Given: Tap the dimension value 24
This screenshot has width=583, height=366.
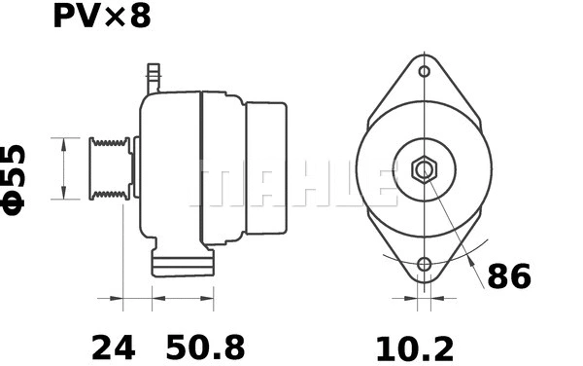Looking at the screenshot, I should (x=113, y=347).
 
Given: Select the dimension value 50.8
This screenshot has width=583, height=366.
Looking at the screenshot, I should (x=205, y=347).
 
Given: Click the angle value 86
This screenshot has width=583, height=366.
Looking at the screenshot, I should (x=509, y=276).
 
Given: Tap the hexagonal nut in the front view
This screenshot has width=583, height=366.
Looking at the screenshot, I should (x=424, y=170).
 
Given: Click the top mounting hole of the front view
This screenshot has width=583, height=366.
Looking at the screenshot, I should (x=424, y=70).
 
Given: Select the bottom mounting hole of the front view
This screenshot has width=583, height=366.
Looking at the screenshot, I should (x=424, y=265).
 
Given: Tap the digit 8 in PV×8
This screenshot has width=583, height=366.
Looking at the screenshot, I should (x=140, y=18).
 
